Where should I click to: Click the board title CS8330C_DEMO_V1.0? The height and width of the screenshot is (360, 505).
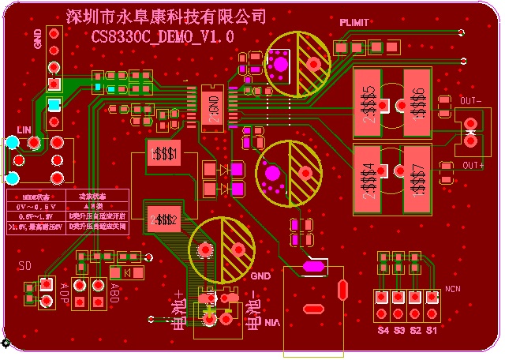(x=163, y=36)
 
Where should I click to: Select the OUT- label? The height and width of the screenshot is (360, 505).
(x=470, y=101)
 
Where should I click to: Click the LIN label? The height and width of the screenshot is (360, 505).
(x=24, y=129)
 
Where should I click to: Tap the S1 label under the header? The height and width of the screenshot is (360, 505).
(x=432, y=329)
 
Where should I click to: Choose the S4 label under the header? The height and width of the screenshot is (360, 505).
(x=383, y=329)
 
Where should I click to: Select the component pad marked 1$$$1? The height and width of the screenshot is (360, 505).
(x=166, y=153)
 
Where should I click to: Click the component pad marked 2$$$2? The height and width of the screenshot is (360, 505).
(x=166, y=219)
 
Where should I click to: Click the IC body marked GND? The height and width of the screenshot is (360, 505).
(x=214, y=106)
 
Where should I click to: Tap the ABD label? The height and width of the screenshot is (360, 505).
(x=115, y=292)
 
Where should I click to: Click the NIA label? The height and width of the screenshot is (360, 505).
(x=272, y=322)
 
